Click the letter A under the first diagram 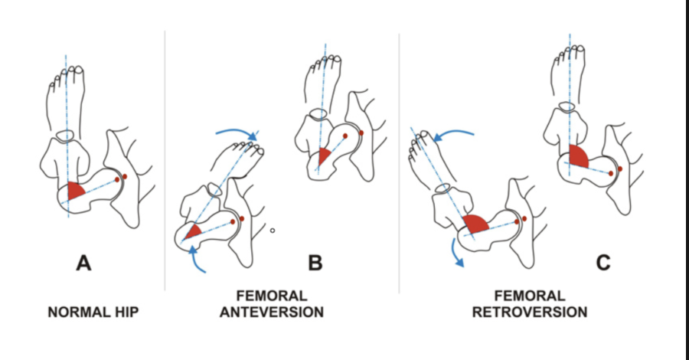click(x=83, y=264)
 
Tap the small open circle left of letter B click(x=272, y=230)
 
